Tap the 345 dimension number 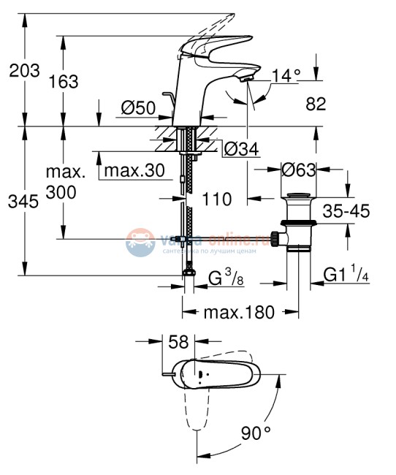pos(23,202)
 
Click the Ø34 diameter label pos(239,149)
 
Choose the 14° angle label pos(286,75)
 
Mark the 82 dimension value pos(316,104)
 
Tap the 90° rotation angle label pos(256,433)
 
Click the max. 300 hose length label pos(64,183)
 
